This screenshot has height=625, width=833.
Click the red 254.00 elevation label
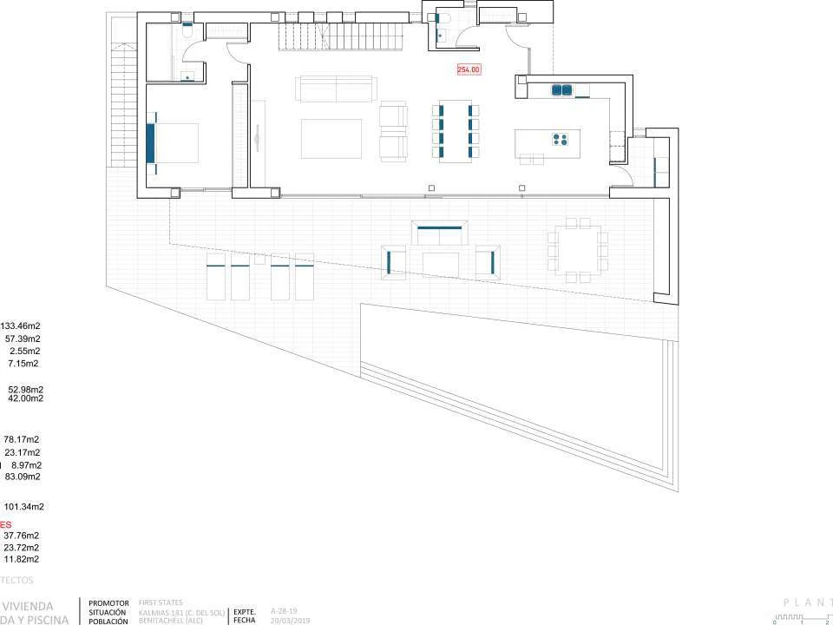pos(469,69)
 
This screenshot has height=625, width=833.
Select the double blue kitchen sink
pos(562,89)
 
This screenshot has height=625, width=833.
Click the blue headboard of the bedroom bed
pos(150,142)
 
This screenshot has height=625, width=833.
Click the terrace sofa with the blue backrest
pos(440,234)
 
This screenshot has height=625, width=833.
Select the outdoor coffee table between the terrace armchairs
pos(440,260)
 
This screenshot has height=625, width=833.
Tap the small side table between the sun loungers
pos(259,259)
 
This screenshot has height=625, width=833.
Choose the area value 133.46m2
pos(21,326)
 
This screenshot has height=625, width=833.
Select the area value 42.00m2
pos(25,398)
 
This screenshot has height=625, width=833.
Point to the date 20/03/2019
pos(291,621)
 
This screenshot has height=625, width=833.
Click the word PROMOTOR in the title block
pos(108,602)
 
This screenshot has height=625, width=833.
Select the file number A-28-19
pos(285,610)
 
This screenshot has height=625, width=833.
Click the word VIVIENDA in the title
pos(30,606)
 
